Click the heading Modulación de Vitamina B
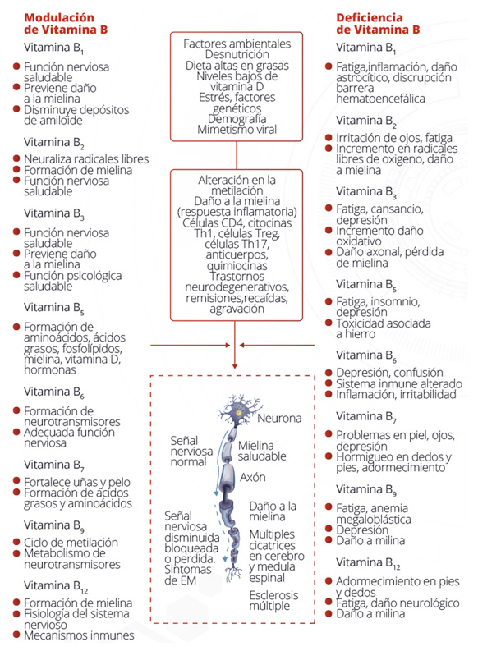pos(66,23)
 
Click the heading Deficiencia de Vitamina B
pos(378,23)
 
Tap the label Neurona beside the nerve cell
pos(279,418)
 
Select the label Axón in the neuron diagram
pos(252,478)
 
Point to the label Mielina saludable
pos(262,451)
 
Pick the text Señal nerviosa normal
pos(191,452)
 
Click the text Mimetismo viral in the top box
pos(237,130)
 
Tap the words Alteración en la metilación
pos(237,186)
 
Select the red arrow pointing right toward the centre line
pos(191,345)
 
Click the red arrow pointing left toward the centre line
pos(277,345)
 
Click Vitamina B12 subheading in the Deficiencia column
pos(368,563)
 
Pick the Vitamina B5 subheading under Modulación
pos(54,309)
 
